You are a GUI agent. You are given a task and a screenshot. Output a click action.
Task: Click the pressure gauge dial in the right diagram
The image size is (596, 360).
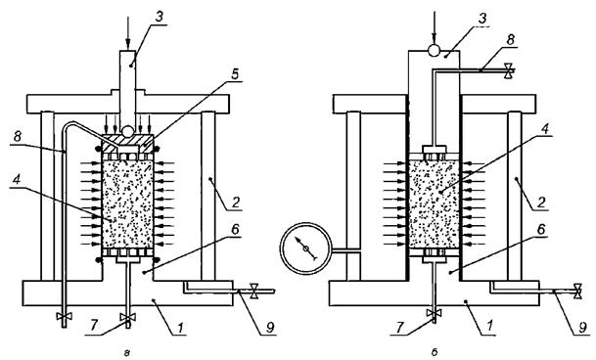click(x=306, y=248)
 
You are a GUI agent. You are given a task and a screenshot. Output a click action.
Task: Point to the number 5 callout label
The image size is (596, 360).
click(x=235, y=74)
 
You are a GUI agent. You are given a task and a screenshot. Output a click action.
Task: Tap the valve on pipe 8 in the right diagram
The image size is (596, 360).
click(x=508, y=70)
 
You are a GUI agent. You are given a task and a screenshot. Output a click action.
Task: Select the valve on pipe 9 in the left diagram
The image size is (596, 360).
click(x=254, y=292)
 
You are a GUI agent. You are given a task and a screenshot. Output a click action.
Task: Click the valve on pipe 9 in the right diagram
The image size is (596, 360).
click(x=577, y=292)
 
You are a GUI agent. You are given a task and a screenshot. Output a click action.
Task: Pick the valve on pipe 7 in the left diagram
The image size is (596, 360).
click(x=127, y=317)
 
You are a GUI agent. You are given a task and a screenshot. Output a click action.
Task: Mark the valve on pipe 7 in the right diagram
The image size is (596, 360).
click(x=434, y=313)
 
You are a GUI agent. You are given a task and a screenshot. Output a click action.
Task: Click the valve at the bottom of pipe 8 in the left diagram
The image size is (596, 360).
click(x=64, y=316)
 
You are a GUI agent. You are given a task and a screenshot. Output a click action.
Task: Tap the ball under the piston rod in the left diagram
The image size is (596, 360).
click(x=127, y=131)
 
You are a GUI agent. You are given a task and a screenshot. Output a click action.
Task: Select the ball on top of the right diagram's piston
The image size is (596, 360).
click(x=434, y=50)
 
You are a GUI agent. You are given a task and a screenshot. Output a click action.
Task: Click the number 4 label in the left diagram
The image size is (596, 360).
click(x=16, y=181)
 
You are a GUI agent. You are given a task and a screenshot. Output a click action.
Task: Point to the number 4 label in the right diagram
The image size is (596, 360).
click(x=545, y=129)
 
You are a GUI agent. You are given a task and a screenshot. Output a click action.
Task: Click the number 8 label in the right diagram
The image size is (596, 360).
click(x=511, y=40)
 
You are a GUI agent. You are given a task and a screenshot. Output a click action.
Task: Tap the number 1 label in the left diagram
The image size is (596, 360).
click(x=181, y=328)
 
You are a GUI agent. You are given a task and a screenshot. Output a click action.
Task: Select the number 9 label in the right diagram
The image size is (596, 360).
click(x=582, y=328)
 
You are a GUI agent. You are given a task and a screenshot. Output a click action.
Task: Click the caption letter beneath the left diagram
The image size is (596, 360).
click(x=127, y=353)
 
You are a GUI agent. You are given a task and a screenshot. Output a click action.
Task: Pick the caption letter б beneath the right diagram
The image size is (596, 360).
click(x=435, y=352)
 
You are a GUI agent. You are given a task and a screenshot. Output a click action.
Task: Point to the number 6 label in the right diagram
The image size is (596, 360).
click(x=541, y=229)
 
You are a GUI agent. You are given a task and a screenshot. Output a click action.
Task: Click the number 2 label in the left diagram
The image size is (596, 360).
click(x=236, y=202)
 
